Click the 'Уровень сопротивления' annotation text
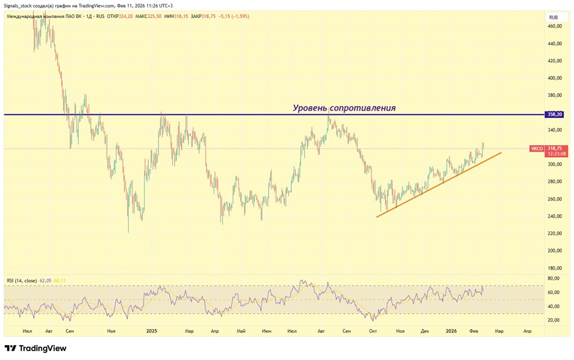click(344, 108)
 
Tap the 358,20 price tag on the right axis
click(555, 115)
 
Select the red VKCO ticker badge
click(537, 148)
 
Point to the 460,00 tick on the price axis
click(554, 26)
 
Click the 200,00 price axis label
click(554, 251)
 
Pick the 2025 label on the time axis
click(152, 331)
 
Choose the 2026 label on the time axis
click(451, 331)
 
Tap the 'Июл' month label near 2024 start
click(27, 331)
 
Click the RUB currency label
click(554, 17)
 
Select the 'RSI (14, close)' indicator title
click(22, 280)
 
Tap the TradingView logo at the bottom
click(36, 348)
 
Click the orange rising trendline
click(439, 185)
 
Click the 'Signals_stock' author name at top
click(21, 6)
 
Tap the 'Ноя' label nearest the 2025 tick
click(111, 331)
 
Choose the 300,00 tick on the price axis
click(554, 164)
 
